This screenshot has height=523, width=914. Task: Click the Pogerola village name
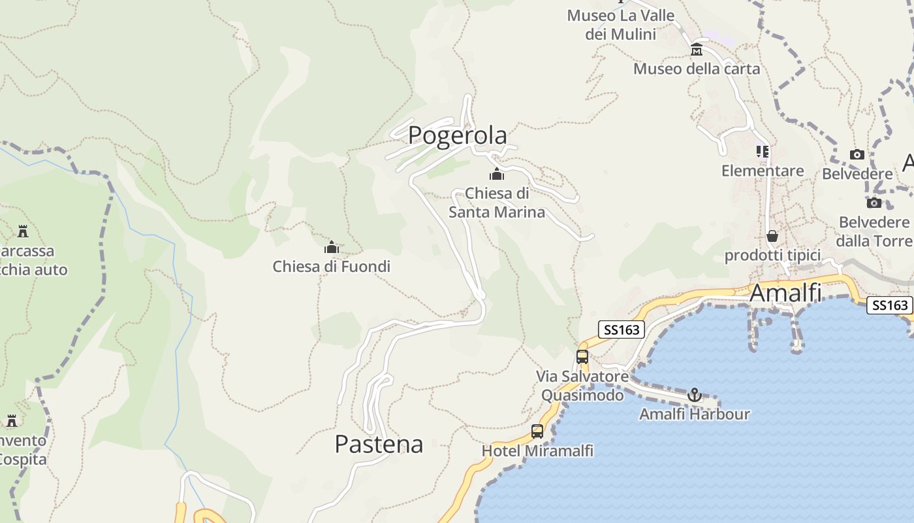coord(457,135)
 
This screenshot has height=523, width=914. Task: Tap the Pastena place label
coord(379,444)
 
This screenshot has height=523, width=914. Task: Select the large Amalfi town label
coord(785,293)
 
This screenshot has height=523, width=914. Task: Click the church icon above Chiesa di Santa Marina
coord(497,175)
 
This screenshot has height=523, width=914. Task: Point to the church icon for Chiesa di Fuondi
coord(332,248)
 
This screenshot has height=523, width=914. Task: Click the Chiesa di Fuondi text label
coord(332,266)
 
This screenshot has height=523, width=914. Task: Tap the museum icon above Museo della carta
coord(697,50)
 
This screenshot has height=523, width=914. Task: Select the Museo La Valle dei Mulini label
coord(620,24)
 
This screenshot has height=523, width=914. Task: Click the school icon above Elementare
coord(763,152)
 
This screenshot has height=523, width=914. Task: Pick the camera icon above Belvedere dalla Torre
coord(874,203)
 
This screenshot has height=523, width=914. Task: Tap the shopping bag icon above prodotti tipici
coord(772,236)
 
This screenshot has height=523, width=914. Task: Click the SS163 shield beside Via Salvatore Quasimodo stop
coord(622,329)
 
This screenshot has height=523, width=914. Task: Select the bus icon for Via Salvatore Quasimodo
coord(582,357)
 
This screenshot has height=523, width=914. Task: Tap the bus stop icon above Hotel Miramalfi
coord(537,431)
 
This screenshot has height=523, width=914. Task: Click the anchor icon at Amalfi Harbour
coord(695,395)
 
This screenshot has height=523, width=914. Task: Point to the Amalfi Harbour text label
coord(695,414)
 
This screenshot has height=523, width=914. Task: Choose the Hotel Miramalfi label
coord(537,451)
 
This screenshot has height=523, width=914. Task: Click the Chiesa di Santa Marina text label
coord(497,203)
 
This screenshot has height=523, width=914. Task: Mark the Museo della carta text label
coord(697,69)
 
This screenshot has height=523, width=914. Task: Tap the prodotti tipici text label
coord(772,255)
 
